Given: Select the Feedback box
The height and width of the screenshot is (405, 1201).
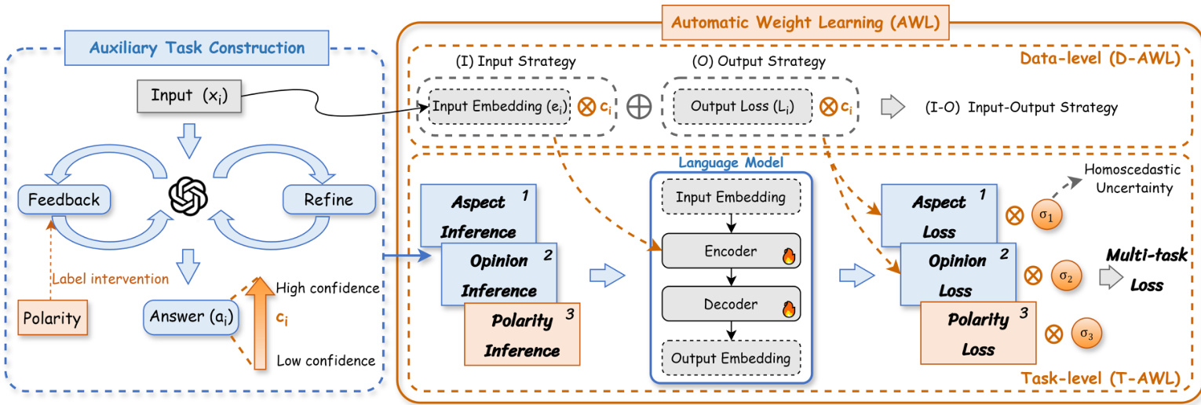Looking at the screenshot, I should [x=64, y=199].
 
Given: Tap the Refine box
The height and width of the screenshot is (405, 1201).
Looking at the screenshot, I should [x=318, y=199].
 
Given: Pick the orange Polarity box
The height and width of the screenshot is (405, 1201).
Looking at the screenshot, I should [x=53, y=318].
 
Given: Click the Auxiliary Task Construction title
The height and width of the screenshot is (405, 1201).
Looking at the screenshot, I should [x=197, y=48].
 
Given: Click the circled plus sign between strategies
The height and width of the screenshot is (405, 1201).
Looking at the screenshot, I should [x=641, y=108].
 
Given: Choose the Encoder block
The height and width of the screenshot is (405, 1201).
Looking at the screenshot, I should [x=731, y=252].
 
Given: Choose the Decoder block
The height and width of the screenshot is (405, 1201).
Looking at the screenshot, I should [x=731, y=305].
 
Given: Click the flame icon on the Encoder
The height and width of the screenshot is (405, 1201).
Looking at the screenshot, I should [x=789, y=255].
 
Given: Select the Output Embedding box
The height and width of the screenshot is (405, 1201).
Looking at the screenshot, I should [x=731, y=359].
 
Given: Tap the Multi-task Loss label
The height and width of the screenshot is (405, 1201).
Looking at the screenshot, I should [x=1147, y=269].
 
